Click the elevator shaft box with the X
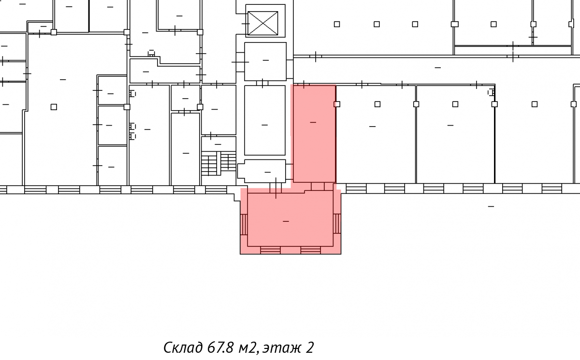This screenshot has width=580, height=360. [263, 23]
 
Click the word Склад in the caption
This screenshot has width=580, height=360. [183, 347]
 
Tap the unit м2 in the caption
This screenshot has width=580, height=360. [248, 348]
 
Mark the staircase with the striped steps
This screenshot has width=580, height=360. [219, 163]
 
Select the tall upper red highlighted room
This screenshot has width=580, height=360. [314, 133]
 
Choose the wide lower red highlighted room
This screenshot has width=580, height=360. [290, 218]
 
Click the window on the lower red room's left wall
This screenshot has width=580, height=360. [244, 225]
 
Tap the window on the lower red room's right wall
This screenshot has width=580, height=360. [337, 224]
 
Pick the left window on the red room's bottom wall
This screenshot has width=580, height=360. [270, 250]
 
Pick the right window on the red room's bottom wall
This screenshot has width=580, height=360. [311, 250]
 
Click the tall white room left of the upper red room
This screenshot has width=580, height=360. [265, 120]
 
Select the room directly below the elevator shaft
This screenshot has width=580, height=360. [265, 61]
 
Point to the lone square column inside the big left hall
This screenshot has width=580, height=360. [54, 107]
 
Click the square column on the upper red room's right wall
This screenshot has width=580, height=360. [337, 104]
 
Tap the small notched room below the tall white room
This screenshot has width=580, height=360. [262, 171]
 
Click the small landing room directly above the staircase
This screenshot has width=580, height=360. [219, 144]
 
